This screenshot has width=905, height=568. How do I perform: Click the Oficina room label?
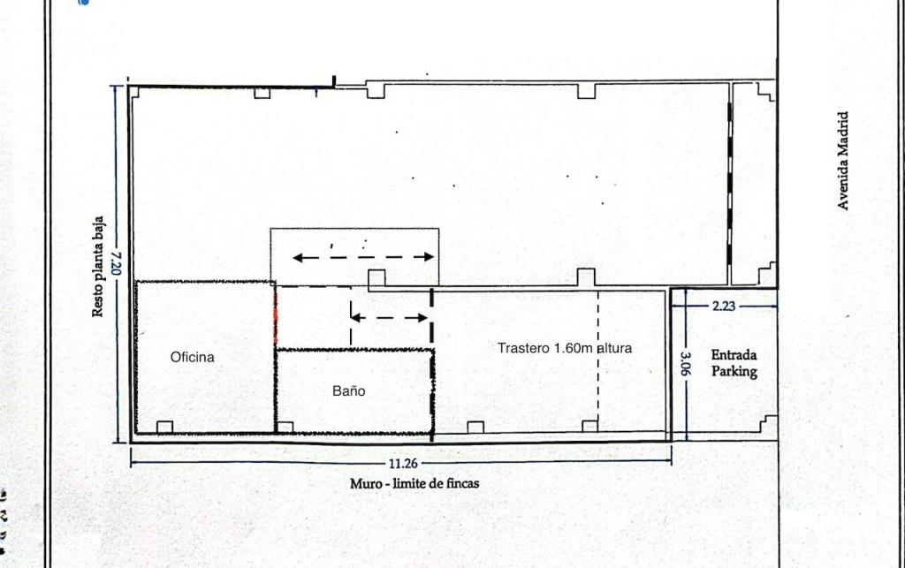(x=192, y=358)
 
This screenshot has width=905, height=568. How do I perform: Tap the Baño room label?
(x=348, y=391)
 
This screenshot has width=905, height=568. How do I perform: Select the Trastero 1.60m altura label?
(x=564, y=348)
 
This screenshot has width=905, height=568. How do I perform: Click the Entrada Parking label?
(x=734, y=363)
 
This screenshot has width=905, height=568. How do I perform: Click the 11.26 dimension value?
(x=403, y=463)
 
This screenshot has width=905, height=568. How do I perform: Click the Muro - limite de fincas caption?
(x=414, y=483)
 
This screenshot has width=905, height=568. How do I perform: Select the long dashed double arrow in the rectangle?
(x=363, y=258)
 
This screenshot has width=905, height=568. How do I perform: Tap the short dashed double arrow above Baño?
(x=390, y=317)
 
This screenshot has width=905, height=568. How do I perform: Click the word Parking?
(x=734, y=372)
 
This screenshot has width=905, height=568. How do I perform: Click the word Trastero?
(x=523, y=348)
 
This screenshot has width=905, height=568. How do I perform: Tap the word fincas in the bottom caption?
(x=460, y=483)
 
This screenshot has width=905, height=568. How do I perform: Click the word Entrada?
(x=734, y=354)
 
